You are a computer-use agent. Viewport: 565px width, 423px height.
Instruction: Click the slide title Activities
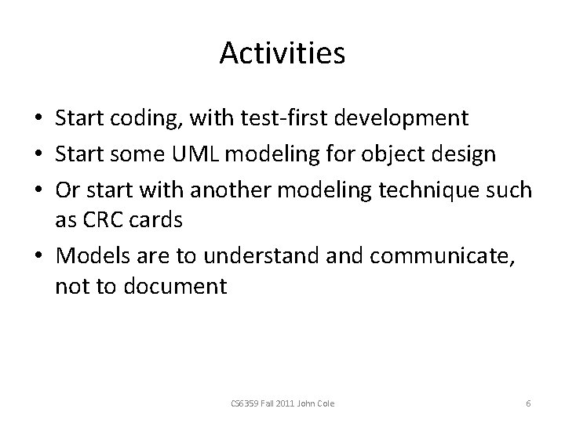tap(282, 53)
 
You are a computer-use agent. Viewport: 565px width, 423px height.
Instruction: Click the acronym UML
tap(216, 153)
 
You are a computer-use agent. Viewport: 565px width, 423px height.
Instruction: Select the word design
tap(468, 153)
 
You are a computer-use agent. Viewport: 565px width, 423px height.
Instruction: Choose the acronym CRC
tap(106, 220)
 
